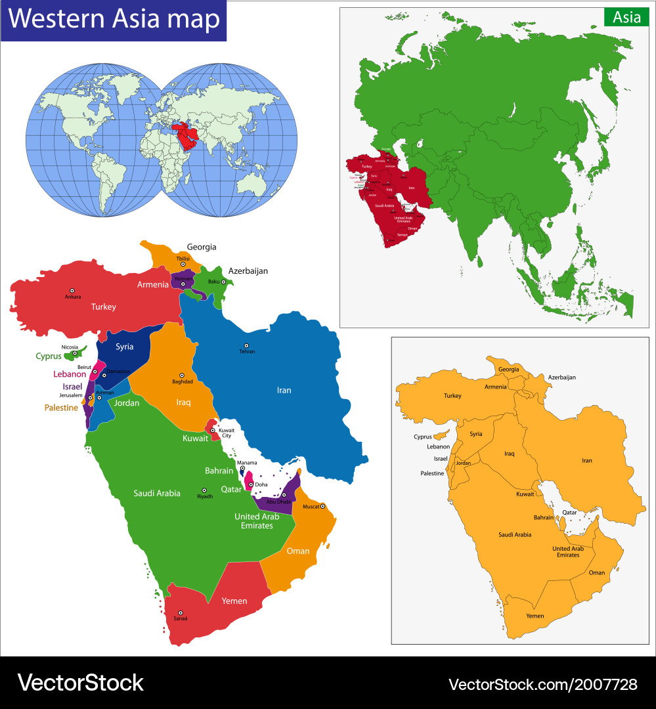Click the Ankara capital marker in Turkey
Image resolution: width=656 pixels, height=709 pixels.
(72, 290)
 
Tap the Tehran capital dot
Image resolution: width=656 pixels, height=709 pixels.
(246, 345)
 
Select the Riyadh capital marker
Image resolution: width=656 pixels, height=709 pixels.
(204, 490)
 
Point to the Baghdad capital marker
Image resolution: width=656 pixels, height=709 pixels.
(182, 375)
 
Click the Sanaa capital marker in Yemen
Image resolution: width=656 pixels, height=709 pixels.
(180, 612)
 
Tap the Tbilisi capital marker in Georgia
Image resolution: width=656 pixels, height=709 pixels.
(183, 265)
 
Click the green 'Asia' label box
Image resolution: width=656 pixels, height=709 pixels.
(626, 18)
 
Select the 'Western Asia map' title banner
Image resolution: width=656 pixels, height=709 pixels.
(114, 20)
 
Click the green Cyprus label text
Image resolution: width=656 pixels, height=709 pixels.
(49, 356)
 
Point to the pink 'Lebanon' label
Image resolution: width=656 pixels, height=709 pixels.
(70, 374)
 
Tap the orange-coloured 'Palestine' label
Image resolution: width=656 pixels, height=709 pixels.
(61, 408)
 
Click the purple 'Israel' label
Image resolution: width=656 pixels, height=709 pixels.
(72, 387)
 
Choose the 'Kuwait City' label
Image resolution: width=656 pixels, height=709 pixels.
(226, 433)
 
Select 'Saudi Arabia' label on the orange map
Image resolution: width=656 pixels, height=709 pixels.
(515, 534)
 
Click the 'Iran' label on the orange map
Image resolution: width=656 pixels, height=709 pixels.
(586, 460)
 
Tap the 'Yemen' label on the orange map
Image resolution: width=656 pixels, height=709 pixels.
(535, 616)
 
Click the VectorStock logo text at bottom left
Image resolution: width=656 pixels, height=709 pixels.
(80, 683)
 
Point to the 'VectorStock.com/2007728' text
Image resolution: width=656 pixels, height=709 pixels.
(542, 684)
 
